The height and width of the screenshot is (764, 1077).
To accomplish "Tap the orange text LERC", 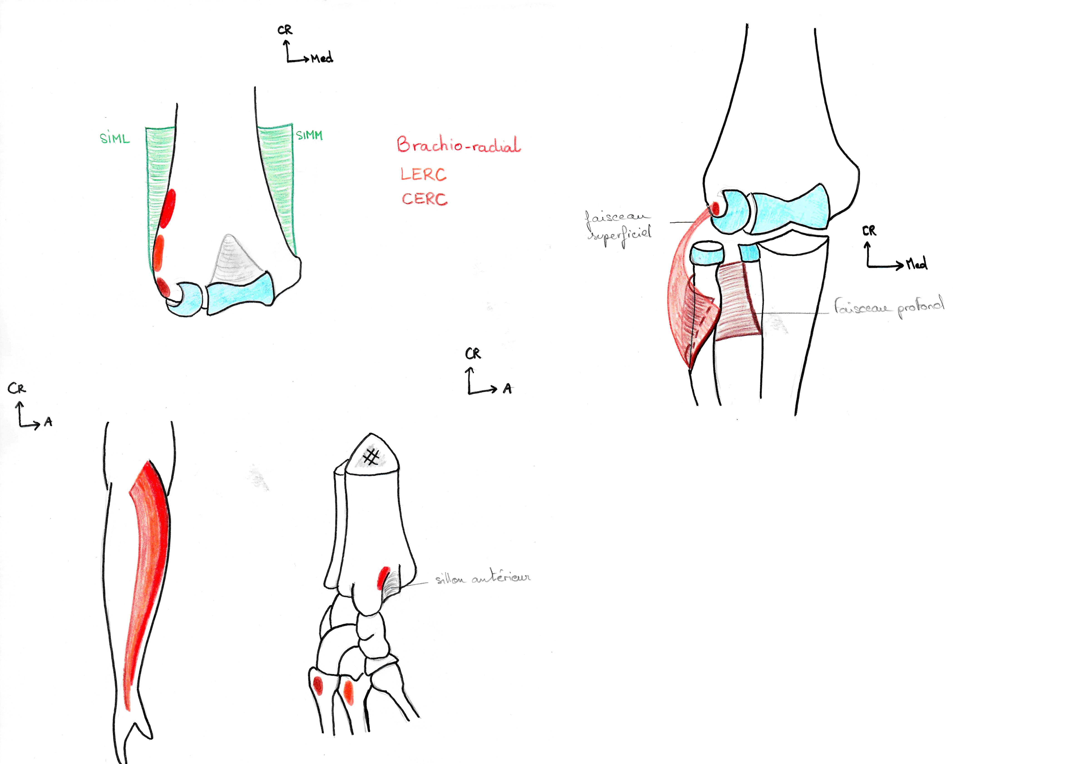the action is point(423,174).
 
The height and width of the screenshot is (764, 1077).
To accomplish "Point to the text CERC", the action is point(424,198).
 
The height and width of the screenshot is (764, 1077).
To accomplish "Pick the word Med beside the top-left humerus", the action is point(322,58).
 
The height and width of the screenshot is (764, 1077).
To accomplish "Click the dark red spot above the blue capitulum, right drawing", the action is point(715,207).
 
